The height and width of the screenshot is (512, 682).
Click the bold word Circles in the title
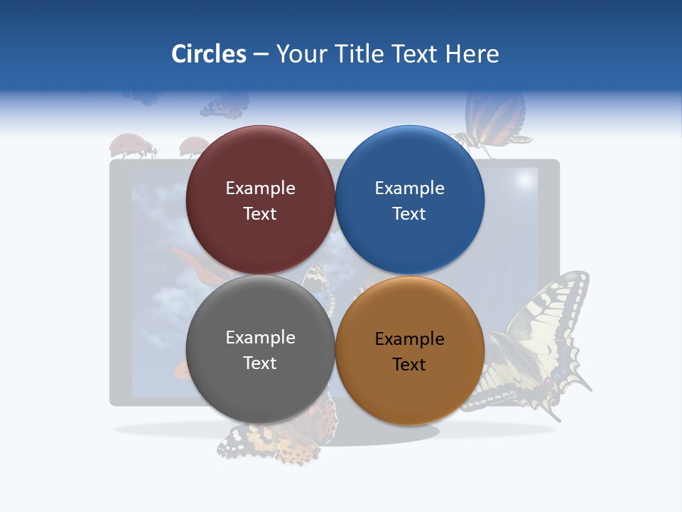[x=208, y=54]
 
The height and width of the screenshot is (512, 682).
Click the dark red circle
[x=260, y=201]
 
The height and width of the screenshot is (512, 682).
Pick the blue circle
[x=410, y=201]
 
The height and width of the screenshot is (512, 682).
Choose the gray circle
[x=260, y=350]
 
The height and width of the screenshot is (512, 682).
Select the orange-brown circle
[x=410, y=351]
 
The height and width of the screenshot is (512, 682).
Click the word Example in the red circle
[x=260, y=188]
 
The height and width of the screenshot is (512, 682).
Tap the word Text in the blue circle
[x=409, y=214]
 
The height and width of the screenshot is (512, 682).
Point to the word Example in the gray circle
[x=260, y=338]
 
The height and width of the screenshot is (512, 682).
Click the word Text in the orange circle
[x=409, y=365]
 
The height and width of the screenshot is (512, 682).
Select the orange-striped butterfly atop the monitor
[x=496, y=119]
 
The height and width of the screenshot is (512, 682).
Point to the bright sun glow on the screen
[x=524, y=181]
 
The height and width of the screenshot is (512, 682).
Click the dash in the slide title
[x=261, y=55]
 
